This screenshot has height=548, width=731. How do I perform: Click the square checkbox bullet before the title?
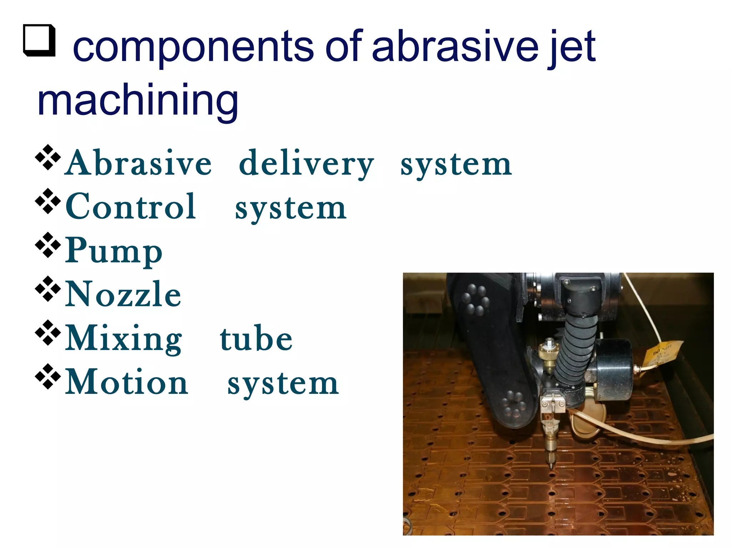pos(39,41)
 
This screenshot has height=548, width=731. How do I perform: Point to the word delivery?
pos(306,164)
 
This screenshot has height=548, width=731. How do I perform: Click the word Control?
pos(131,207)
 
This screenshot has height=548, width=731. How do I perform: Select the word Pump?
pos(114,251)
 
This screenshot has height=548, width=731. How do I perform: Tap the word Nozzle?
pos(123,294)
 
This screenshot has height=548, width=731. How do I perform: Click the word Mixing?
pos(123,339)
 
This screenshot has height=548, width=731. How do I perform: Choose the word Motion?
pos(127,382)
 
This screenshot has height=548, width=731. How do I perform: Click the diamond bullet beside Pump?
pos(48,245)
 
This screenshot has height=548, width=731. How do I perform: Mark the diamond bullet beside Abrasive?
pos(48,157)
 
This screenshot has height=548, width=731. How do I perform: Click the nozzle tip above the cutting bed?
pos(551,465)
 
